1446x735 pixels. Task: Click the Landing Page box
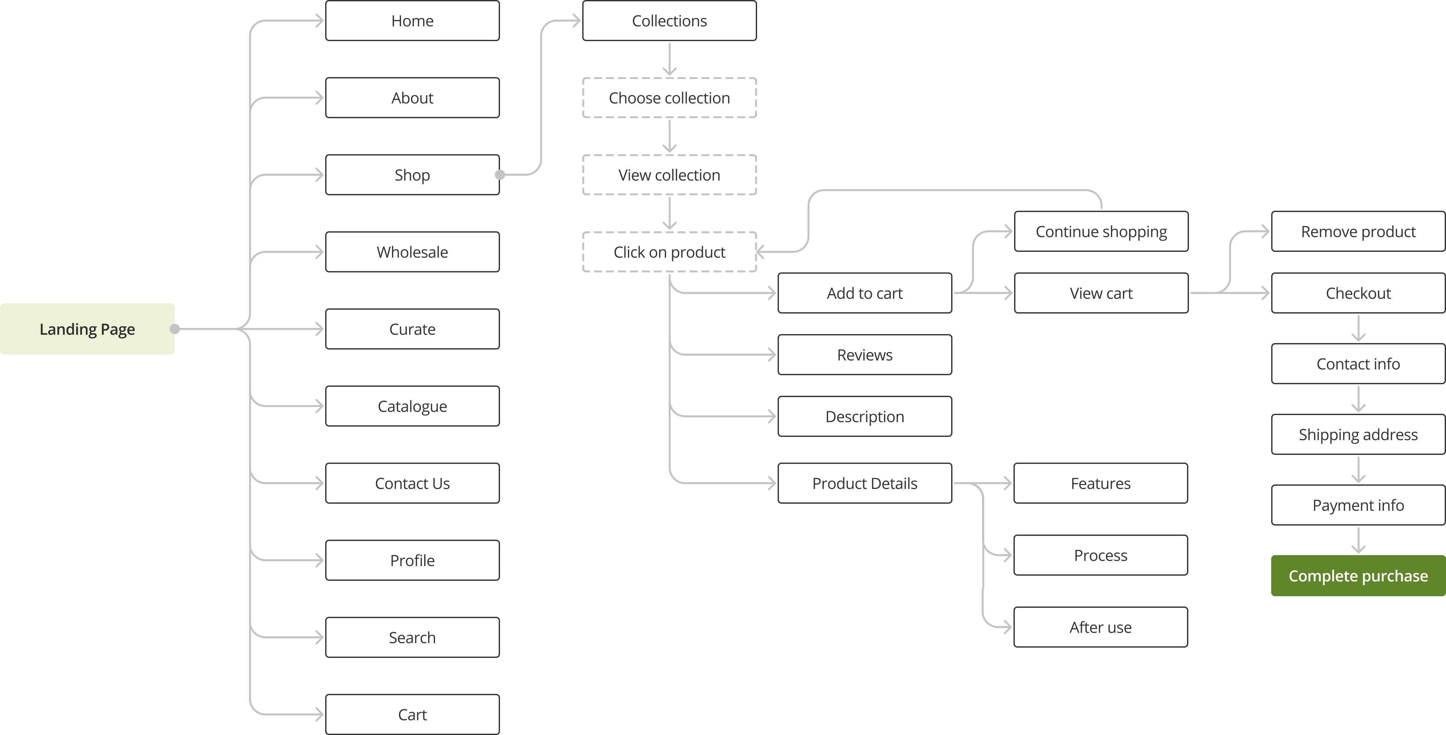point(87,329)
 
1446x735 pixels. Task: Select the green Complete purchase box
point(1358,576)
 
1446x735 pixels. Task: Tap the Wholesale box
point(412,252)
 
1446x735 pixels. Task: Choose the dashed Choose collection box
point(669,98)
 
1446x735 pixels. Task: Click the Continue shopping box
point(1101,231)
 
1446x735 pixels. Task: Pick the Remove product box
point(1358,231)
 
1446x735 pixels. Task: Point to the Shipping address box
point(1358,434)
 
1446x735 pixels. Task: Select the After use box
point(1100,627)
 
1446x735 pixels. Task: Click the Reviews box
point(864,355)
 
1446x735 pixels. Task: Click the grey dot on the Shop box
point(500,175)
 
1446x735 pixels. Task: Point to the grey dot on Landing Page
point(175,329)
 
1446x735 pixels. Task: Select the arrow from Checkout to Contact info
point(1358,329)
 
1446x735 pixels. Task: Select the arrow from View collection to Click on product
point(669,214)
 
